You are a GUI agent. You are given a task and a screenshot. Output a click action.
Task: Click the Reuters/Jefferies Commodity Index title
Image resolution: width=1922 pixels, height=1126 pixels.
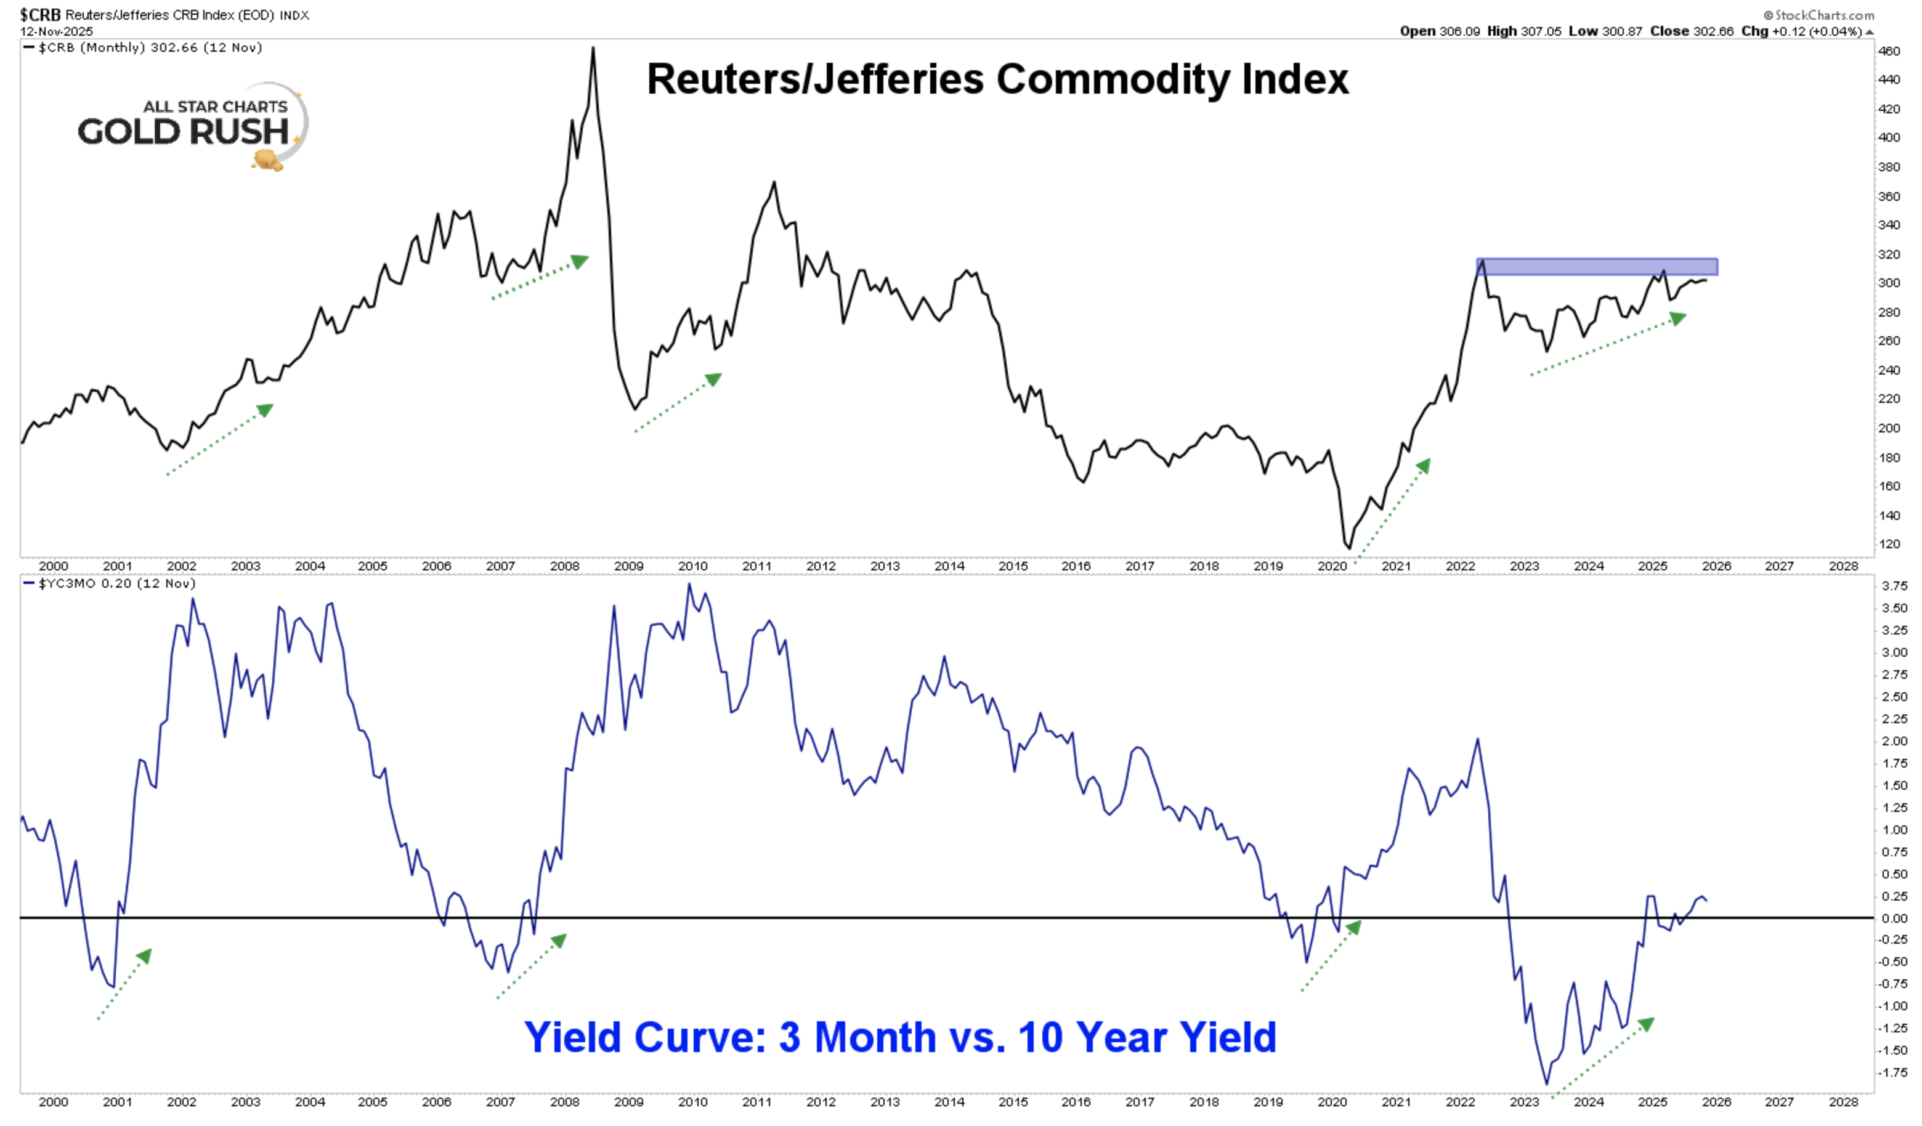997,79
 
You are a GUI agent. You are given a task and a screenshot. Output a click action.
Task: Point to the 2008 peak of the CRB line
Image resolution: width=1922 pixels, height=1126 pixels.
593,48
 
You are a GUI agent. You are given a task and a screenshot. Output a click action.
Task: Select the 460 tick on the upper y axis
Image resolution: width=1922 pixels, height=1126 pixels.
1889,51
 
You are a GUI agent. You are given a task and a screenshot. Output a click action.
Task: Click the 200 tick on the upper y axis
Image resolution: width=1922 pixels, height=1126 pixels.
1889,428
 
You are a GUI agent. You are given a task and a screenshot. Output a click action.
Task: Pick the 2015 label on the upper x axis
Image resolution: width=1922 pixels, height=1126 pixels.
1013,566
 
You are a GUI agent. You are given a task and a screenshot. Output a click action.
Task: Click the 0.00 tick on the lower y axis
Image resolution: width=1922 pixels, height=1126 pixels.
1894,918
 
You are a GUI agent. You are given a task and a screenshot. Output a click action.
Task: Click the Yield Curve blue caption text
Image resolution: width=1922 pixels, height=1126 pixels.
900,1037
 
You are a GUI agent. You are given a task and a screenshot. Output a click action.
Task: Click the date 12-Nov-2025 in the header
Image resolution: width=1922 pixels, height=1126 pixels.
57,31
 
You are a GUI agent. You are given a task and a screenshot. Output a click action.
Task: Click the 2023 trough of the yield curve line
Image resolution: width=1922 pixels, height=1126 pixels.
1547,1084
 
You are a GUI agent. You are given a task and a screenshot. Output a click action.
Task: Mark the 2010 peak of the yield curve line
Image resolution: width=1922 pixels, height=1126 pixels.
689,585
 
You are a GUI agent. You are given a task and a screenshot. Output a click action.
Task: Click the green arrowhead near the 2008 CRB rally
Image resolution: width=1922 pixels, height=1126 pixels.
580,262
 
